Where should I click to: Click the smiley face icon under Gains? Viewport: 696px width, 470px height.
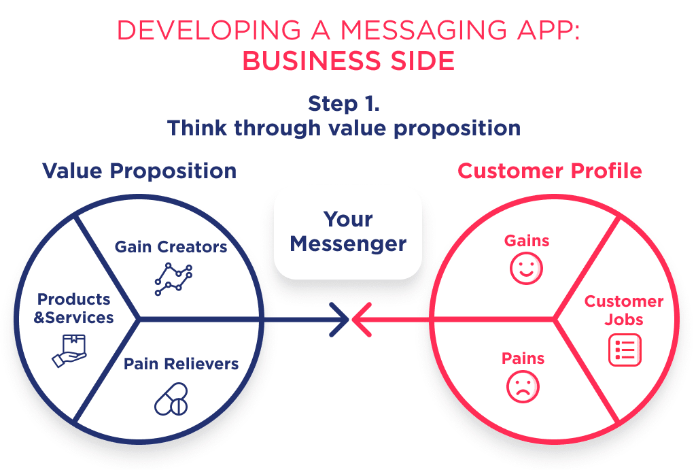tap(526, 268)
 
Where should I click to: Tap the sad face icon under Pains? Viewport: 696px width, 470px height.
tap(523, 387)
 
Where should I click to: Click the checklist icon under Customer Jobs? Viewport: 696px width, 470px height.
tap(624, 350)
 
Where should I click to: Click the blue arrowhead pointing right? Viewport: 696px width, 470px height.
tap(338, 319)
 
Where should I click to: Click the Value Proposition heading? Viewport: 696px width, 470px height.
tap(139, 171)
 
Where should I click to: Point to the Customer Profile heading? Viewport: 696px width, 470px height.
tap(549, 171)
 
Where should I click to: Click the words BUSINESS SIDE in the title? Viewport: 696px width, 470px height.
tap(348, 61)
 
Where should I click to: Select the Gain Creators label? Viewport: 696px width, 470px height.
tap(171, 247)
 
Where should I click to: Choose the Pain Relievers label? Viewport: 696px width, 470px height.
tap(181, 364)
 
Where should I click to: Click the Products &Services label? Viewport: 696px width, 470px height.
tap(74, 308)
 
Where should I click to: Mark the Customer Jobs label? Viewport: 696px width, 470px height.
tap(624, 310)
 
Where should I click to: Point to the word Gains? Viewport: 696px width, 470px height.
tap(526, 240)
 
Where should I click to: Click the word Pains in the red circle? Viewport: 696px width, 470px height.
tap(523, 358)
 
